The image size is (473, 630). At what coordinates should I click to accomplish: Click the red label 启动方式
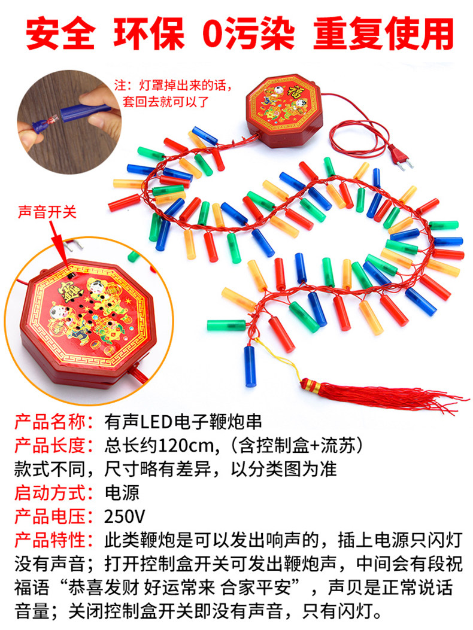[x=53, y=493]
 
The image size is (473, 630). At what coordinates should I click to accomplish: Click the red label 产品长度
[x=53, y=446]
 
